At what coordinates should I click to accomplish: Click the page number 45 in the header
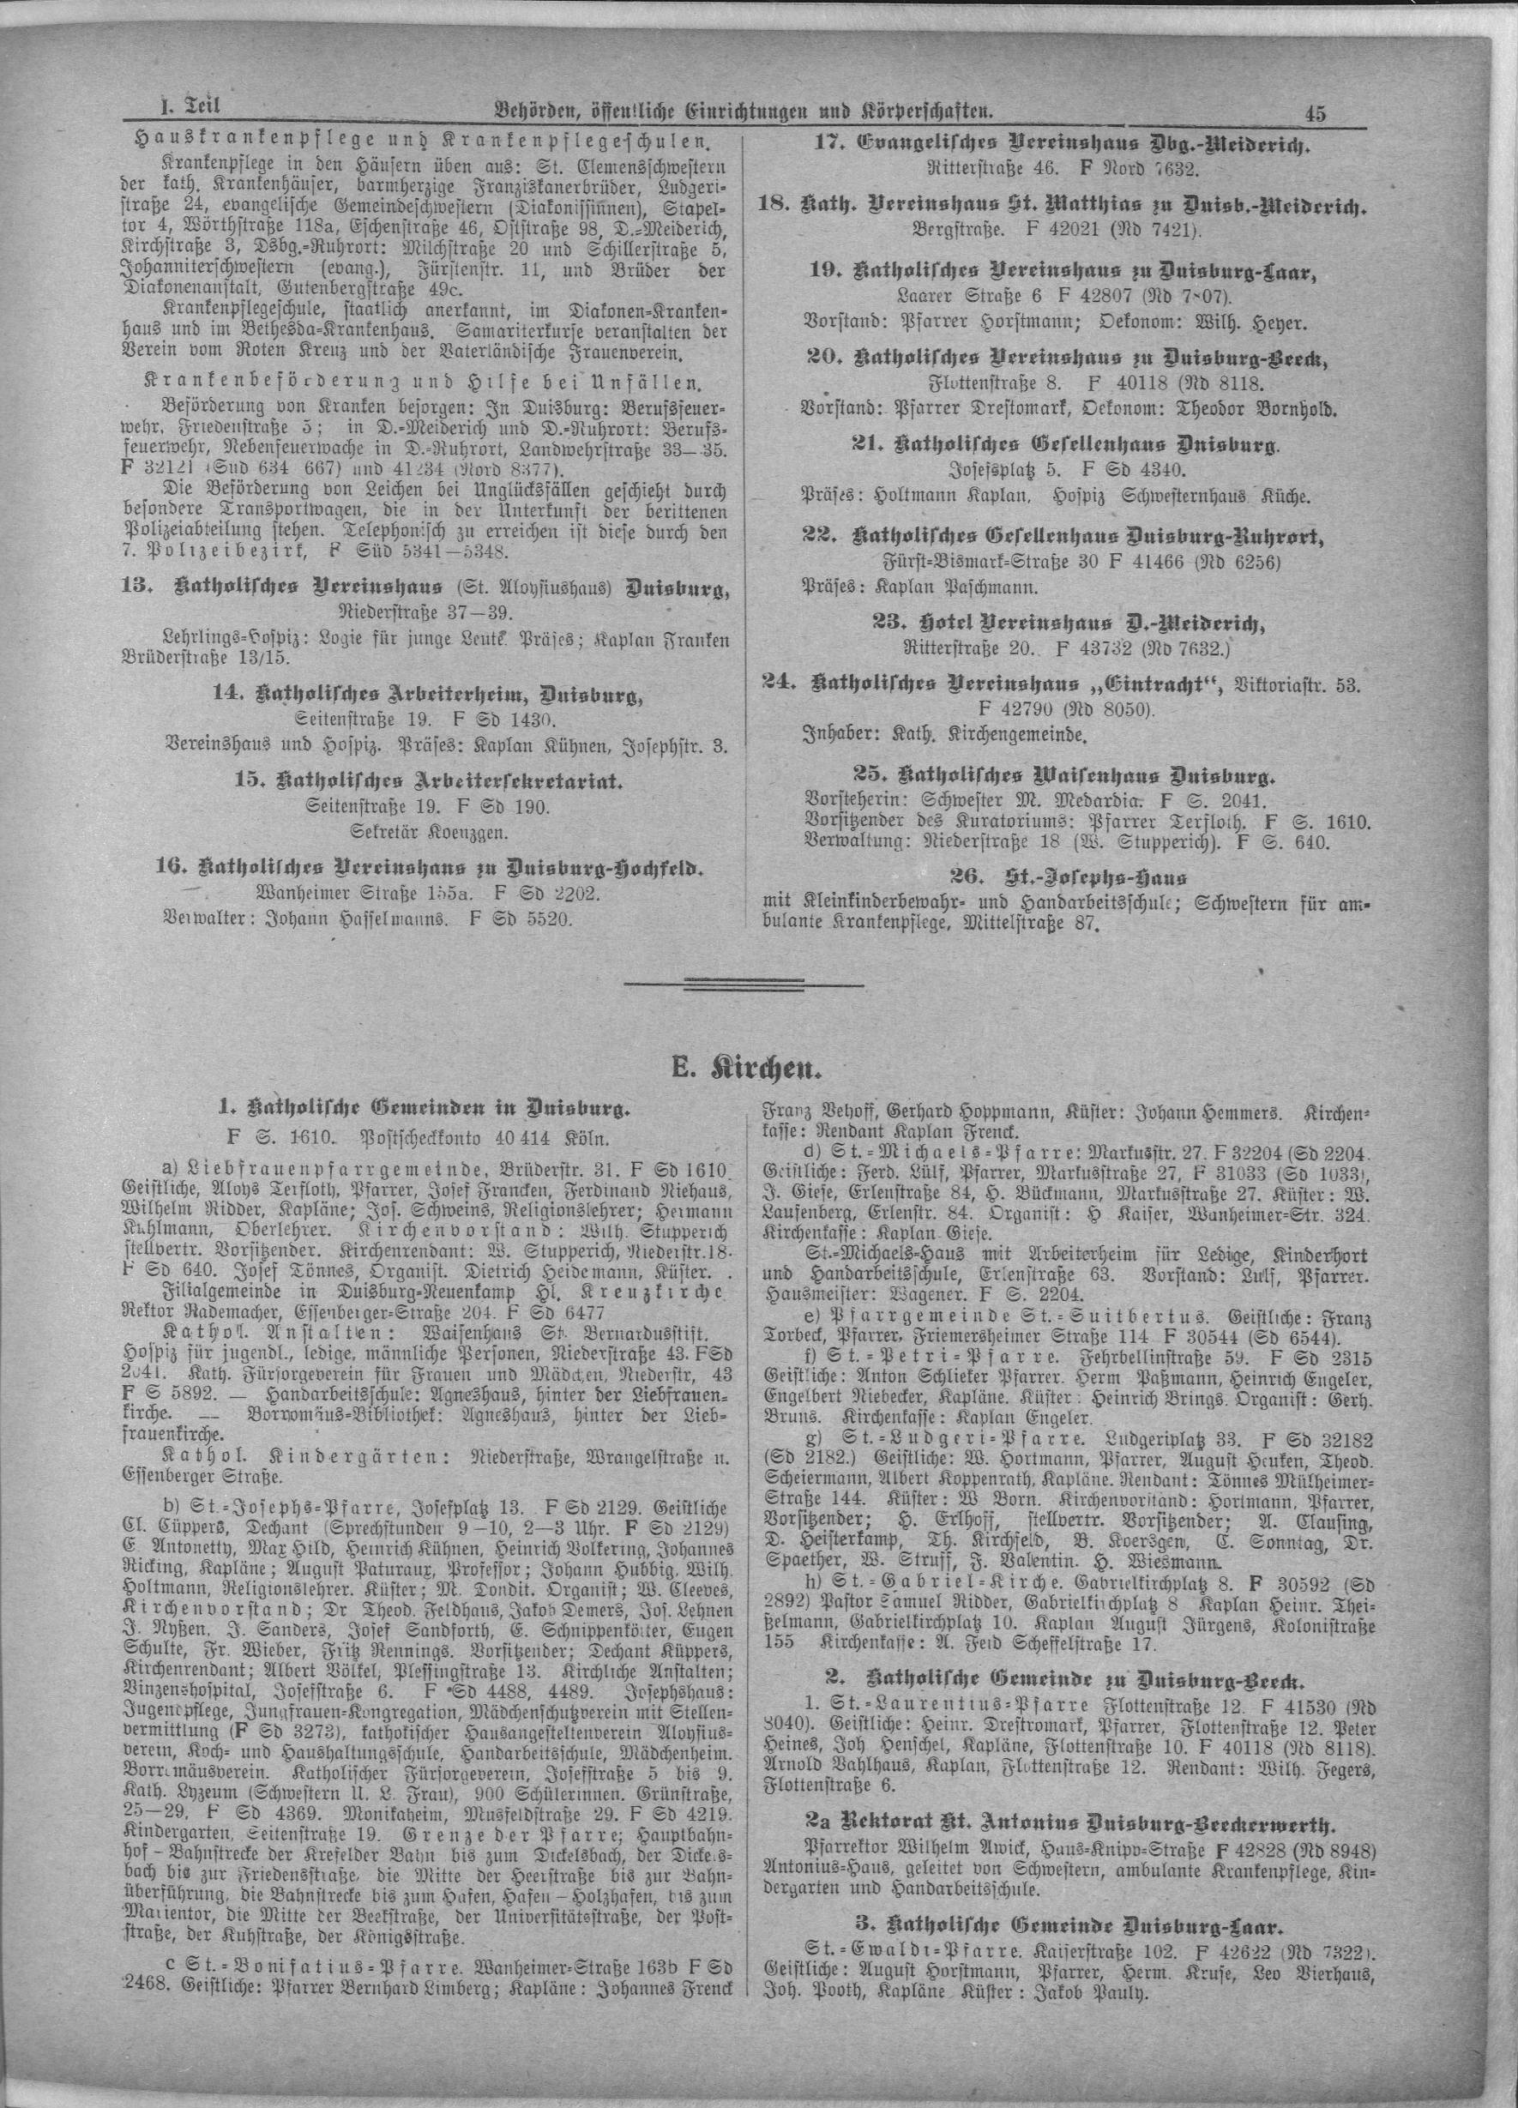point(1315,113)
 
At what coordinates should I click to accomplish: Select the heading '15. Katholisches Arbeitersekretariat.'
point(430,781)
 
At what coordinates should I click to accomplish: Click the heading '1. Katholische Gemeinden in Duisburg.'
point(424,1106)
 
